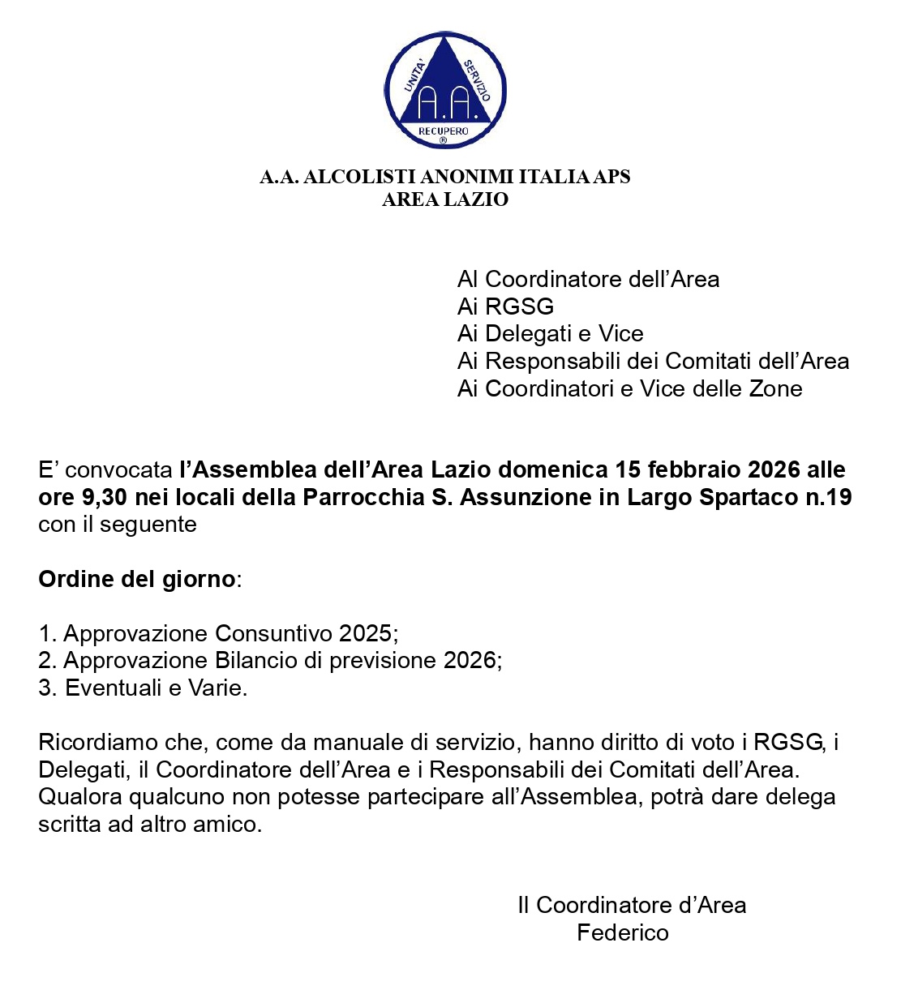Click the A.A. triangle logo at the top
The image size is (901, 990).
(x=444, y=90)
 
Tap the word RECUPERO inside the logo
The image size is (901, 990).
(x=444, y=131)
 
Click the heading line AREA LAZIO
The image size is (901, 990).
(x=445, y=199)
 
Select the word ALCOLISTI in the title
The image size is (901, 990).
(x=360, y=177)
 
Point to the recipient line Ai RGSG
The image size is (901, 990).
(x=505, y=306)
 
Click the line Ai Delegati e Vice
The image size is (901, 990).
(x=550, y=333)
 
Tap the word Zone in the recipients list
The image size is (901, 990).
(x=775, y=388)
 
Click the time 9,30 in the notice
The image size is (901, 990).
(x=105, y=497)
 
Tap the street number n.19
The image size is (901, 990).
(x=828, y=497)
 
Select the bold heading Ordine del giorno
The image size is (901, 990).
(x=137, y=579)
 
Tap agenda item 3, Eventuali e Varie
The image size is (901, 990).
(x=143, y=688)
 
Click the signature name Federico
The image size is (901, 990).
(x=622, y=932)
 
